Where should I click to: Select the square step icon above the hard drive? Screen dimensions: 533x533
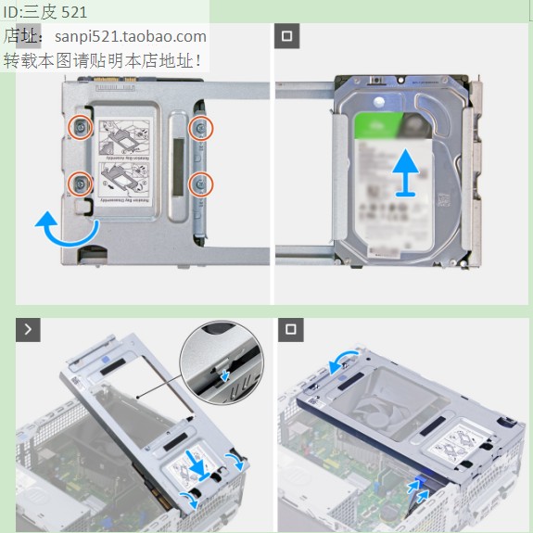coord(287,37)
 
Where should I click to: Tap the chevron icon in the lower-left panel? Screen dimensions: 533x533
coord(29,330)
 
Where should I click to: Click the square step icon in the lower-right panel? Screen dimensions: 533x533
coord(290,330)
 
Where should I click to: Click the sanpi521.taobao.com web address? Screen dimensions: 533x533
coord(130,37)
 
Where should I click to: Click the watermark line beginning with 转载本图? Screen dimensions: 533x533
coord(104,61)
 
